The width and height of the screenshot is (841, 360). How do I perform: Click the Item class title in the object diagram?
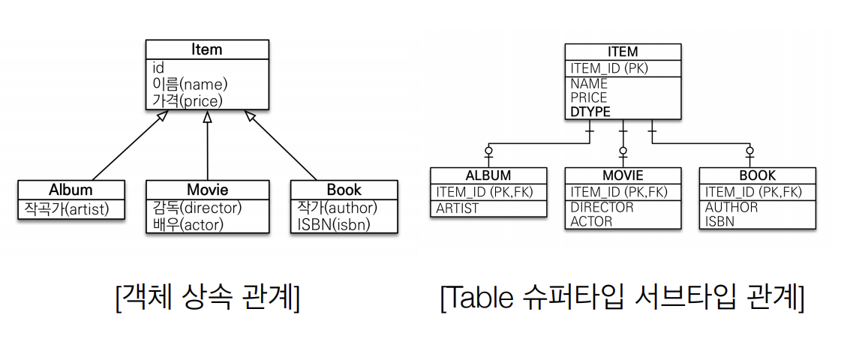click(x=206, y=50)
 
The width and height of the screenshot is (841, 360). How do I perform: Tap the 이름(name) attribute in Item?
click(x=190, y=84)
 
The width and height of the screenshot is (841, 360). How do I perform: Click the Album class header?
click(x=71, y=190)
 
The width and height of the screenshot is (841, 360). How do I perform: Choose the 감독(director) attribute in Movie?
click(x=197, y=207)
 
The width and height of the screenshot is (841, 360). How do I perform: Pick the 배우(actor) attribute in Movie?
click(x=187, y=223)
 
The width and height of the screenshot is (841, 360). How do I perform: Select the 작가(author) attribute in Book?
click(x=336, y=207)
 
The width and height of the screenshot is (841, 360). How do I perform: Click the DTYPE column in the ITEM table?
click(x=590, y=112)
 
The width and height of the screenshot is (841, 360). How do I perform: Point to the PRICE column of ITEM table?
click(x=589, y=98)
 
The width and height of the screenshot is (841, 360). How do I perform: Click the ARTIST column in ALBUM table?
click(x=458, y=208)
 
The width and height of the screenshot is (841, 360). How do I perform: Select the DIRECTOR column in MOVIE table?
click(x=602, y=208)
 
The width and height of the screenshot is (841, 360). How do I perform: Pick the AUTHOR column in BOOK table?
click(x=731, y=208)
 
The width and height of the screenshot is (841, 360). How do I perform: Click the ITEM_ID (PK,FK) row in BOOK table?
click(x=753, y=192)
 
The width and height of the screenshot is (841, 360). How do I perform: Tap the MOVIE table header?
click(x=623, y=176)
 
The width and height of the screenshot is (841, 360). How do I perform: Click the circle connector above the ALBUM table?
click(x=488, y=151)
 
